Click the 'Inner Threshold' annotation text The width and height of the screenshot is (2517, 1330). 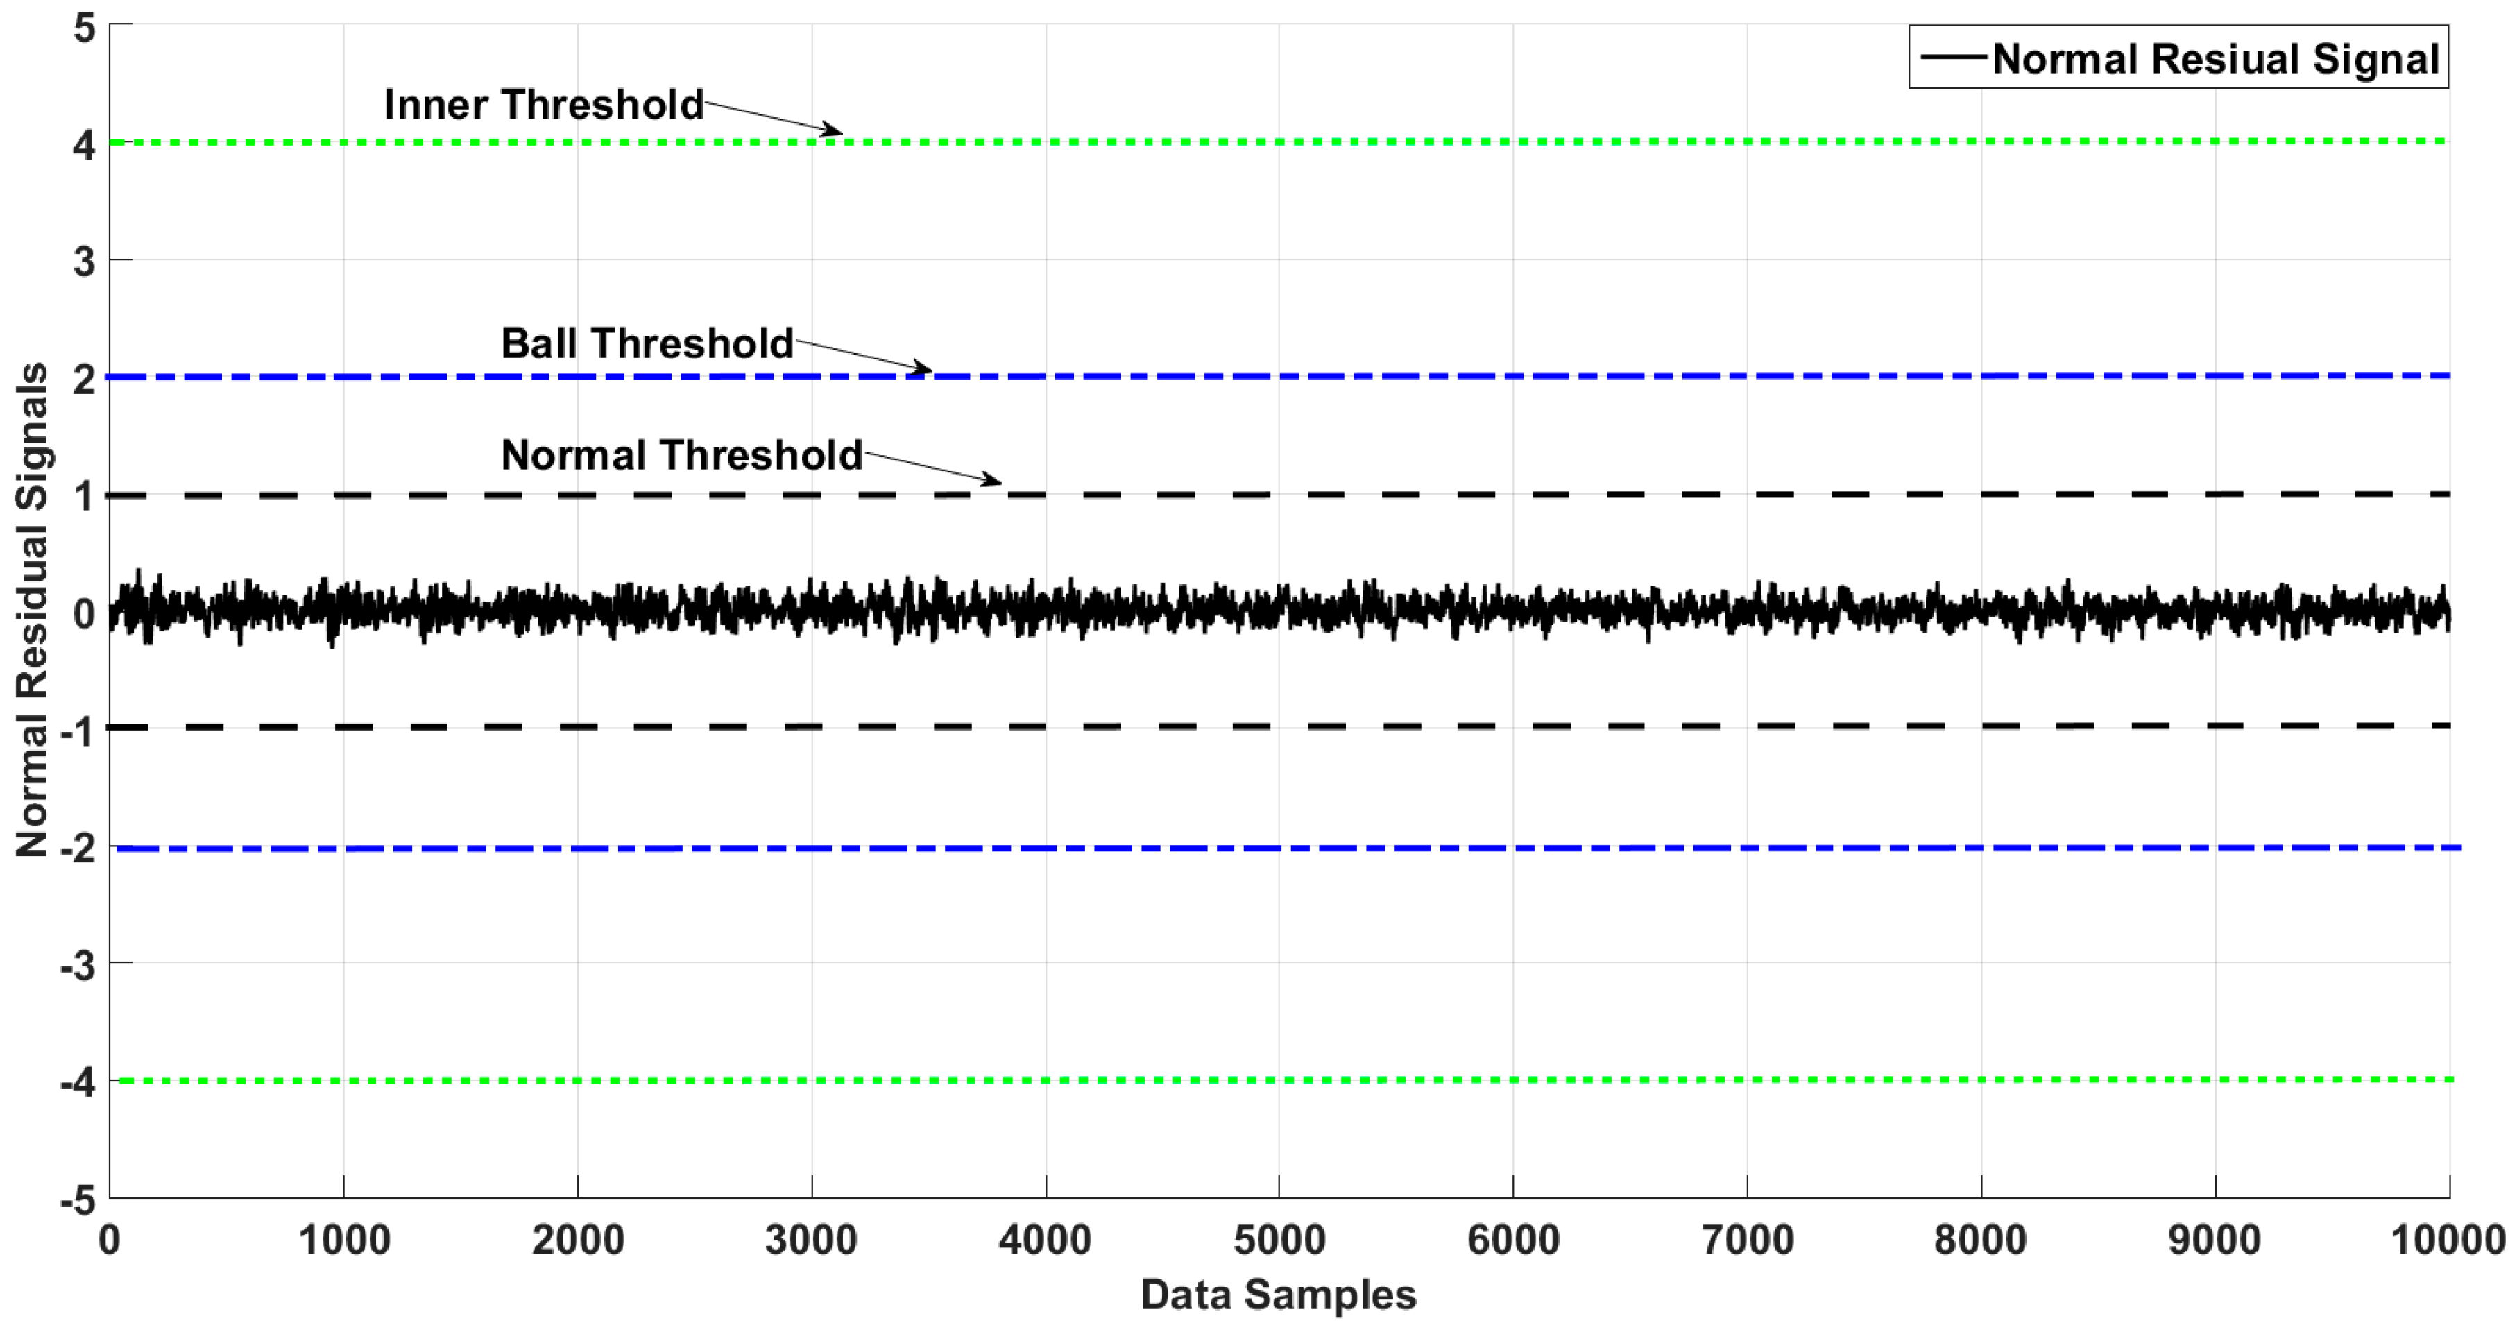tap(543, 105)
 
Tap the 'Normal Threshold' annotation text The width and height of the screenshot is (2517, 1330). tap(681, 455)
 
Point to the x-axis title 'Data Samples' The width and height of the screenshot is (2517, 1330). tap(1278, 1295)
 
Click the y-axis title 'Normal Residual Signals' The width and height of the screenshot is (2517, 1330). tap(32, 610)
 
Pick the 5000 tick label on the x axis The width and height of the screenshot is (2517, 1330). tap(1279, 1240)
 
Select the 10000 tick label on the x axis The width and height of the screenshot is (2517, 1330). tap(2448, 1240)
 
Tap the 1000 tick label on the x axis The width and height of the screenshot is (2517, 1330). tap(344, 1240)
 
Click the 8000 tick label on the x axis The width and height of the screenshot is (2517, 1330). tap(1981, 1240)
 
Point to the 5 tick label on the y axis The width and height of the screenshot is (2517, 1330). tap(85, 28)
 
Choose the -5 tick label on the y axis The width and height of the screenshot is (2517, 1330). tap(78, 1199)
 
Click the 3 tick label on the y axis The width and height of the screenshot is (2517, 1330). tap(85, 261)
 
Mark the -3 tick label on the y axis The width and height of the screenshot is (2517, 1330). tap(78, 966)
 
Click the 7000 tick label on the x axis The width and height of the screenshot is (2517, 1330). tap(1747, 1240)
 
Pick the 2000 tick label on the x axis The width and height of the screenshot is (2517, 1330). tap(577, 1240)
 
